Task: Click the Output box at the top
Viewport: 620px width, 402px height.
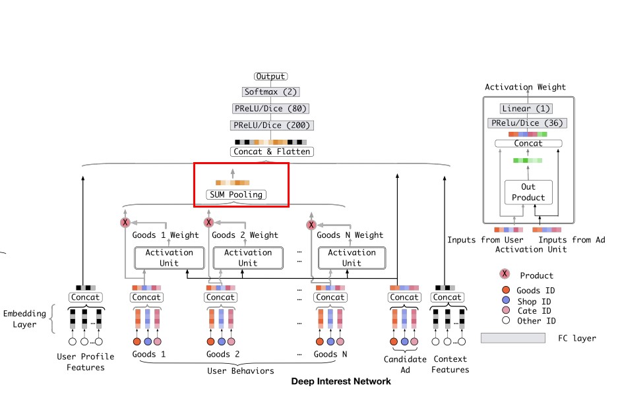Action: coord(270,77)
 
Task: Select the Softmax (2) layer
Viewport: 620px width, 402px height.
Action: coord(270,92)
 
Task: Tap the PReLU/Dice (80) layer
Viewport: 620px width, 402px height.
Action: coord(270,109)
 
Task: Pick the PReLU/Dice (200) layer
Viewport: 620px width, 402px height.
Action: coord(270,125)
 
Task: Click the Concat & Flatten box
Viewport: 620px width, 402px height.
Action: coord(271,152)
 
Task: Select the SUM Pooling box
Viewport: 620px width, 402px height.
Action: coord(236,194)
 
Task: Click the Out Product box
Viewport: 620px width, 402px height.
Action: coord(528,192)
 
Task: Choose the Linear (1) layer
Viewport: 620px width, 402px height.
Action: coord(526,109)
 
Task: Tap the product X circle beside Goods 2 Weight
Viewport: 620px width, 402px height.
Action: coord(208,222)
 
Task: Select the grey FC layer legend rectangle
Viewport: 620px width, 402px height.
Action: coord(513,338)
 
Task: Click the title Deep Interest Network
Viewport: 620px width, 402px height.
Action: coord(341,382)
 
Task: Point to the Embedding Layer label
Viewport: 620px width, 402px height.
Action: coord(24,319)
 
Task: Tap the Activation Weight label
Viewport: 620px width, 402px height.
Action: coord(525,87)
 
